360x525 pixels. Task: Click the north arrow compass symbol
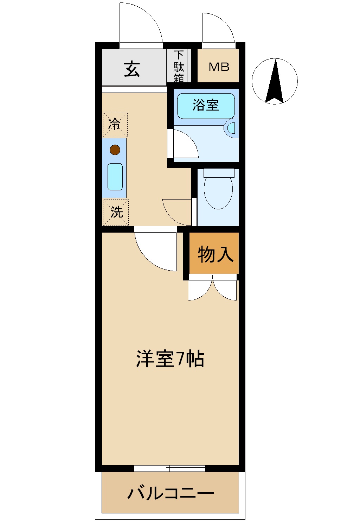point(275,81)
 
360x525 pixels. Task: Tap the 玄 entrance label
point(132,69)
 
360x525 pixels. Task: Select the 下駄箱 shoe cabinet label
point(179,66)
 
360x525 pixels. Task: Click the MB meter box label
point(219,67)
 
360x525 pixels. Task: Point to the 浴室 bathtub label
point(206,105)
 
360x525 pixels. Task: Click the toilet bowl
point(218,192)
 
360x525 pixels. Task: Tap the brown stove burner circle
point(115,150)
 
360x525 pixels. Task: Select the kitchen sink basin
point(115,177)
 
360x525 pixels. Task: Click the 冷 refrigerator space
point(115,125)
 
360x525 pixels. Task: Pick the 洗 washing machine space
point(116,212)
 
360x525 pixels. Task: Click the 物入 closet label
point(215,254)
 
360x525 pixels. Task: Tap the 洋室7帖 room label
point(170,359)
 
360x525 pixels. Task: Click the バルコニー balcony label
point(171,493)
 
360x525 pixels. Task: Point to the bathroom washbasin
point(231,127)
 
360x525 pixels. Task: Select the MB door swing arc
point(218,30)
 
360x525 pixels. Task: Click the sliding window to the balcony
point(169,468)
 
